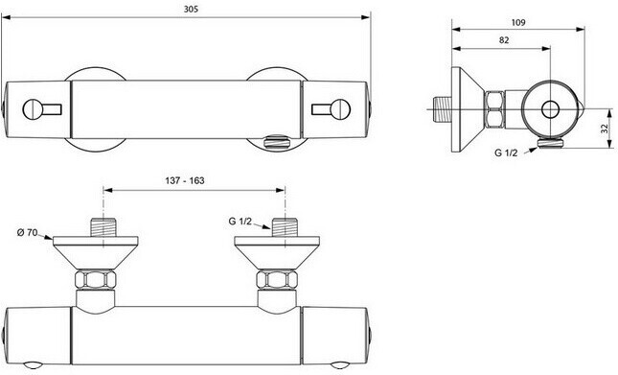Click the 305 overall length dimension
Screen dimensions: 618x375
pyautogui.click(x=192, y=10)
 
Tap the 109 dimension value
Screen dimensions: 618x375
pyautogui.click(x=518, y=22)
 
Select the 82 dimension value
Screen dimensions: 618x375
pyautogui.click(x=504, y=40)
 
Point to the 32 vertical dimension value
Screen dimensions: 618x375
pyautogui.click(x=605, y=129)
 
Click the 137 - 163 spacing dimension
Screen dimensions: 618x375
pyautogui.click(x=185, y=180)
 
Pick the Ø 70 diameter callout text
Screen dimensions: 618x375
pyautogui.click(x=27, y=233)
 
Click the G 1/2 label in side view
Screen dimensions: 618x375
pyautogui.click(x=506, y=153)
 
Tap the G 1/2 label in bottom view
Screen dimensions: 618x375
pyautogui.click(x=240, y=222)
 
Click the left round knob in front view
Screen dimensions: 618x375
pyautogui.click(x=33, y=109)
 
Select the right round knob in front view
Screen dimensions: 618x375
pyautogui.click(x=340, y=109)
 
